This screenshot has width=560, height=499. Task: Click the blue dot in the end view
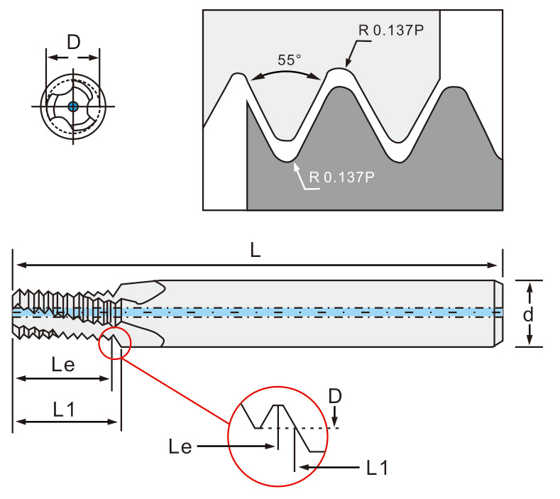click(73, 106)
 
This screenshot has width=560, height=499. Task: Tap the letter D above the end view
click(74, 43)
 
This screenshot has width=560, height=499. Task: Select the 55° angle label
click(290, 60)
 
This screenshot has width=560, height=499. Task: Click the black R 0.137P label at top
click(390, 30)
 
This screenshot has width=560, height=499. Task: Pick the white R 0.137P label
click(342, 177)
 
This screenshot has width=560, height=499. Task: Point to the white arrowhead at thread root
click(296, 167)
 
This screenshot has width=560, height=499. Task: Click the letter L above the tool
click(256, 250)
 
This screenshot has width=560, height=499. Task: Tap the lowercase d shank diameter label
click(528, 314)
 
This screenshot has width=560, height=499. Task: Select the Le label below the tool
click(63, 365)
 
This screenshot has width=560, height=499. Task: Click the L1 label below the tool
click(64, 410)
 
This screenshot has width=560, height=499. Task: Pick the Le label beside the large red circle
click(180, 447)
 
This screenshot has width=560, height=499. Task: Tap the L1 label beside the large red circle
click(377, 468)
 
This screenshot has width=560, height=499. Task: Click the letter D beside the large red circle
click(335, 396)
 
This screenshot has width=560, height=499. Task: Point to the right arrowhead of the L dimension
click(492, 265)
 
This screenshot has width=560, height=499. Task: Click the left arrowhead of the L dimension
click(21, 265)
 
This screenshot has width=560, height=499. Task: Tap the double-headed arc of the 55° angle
click(285, 72)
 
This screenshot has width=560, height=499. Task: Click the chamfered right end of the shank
click(498, 313)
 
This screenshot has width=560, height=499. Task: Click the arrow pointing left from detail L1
click(329, 467)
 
